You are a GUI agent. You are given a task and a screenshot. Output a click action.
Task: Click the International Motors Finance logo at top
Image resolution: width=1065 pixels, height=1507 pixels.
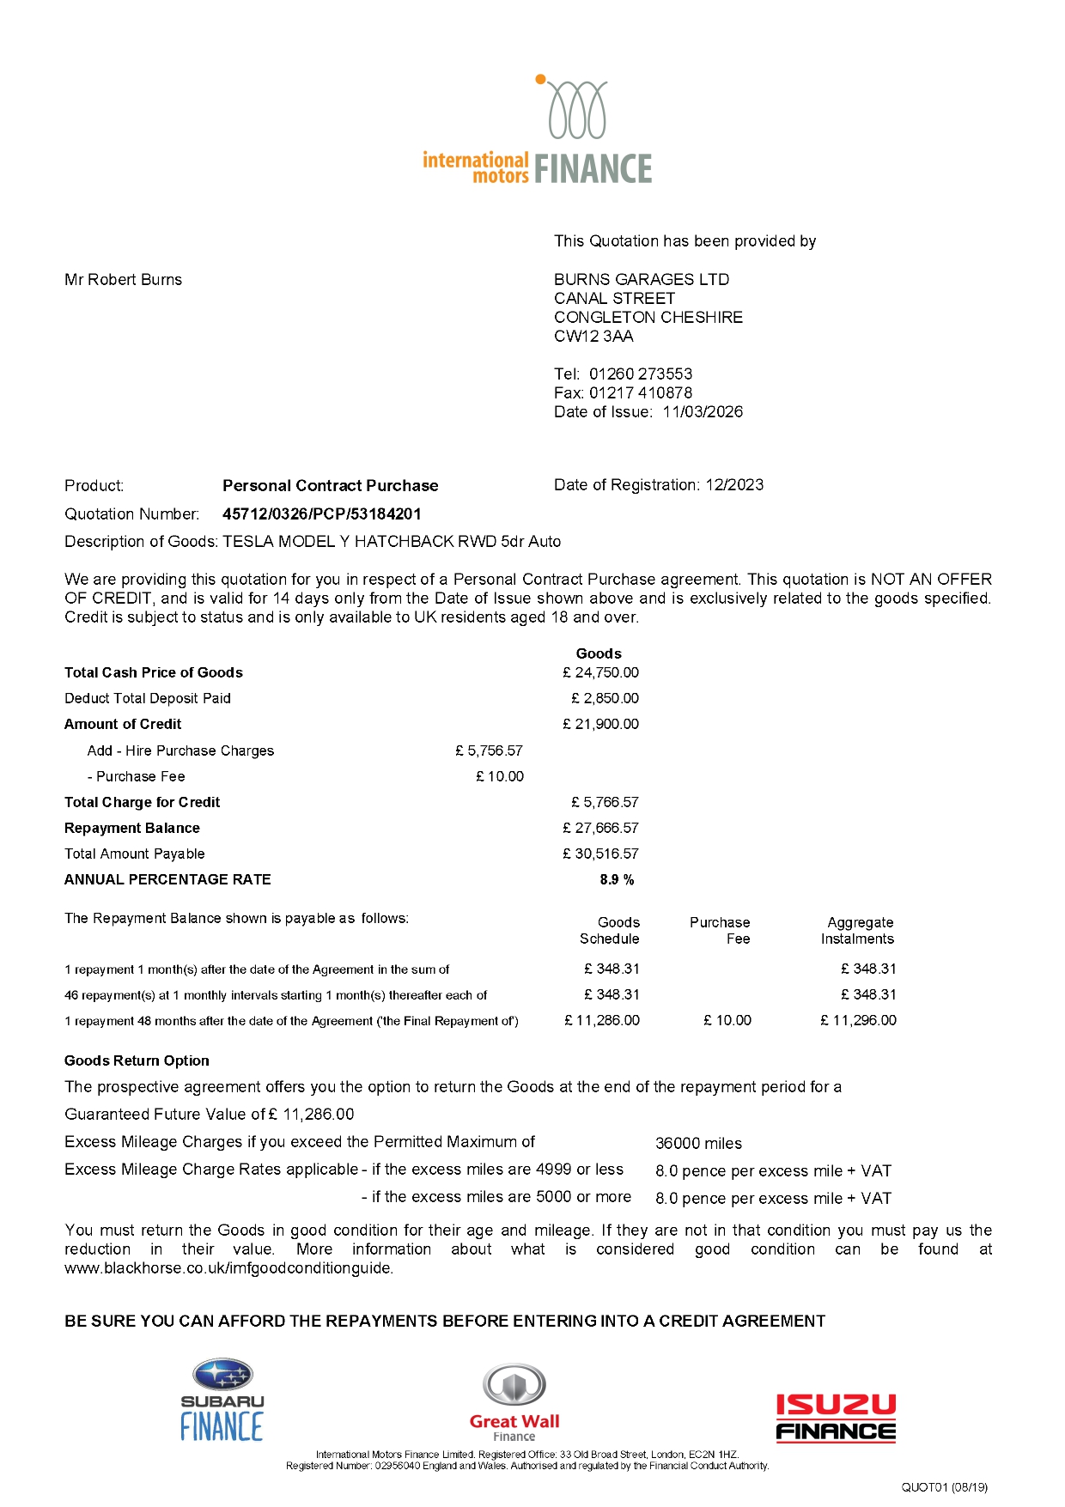point(538,131)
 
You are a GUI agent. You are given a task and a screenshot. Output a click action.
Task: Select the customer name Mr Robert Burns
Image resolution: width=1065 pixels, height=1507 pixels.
point(123,280)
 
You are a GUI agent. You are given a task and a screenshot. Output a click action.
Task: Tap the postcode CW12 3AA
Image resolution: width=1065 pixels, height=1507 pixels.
point(593,337)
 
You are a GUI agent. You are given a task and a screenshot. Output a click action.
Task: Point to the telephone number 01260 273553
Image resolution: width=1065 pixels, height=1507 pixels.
point(641,374)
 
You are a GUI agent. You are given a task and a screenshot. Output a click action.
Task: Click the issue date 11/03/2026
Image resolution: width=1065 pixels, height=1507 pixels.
point(703,412)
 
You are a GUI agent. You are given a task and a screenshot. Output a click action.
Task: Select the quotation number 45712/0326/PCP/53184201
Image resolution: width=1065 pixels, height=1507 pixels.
point(321,514)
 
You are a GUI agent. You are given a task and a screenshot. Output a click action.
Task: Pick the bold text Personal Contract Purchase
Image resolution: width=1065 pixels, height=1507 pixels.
point(330,486)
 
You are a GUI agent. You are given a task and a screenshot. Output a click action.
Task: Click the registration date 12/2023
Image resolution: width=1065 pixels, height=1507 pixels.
point(734,485)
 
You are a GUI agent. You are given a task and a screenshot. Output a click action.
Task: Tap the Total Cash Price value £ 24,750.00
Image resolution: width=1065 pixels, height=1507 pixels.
point(600,673)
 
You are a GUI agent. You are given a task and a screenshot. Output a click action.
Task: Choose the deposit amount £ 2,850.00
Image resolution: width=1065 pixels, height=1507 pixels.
point(605,699)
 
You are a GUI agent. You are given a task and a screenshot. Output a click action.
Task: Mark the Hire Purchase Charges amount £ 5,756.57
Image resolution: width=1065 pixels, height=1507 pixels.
point(489,751)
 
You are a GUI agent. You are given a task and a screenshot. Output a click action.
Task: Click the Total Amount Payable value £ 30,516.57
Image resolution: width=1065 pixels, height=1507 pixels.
point(600,854)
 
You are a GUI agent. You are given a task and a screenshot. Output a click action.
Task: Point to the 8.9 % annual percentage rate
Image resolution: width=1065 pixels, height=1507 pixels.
point(617,880)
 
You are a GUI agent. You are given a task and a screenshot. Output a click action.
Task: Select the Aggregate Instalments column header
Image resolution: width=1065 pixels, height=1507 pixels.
point(857,931)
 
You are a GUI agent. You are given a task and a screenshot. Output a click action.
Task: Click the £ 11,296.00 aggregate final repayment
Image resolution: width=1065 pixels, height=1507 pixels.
point(858,1021)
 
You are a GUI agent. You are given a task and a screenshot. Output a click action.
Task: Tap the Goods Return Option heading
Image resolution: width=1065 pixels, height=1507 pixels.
point(137,1061)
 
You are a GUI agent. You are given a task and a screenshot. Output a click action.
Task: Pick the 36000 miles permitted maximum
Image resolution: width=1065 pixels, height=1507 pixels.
point(698,1144)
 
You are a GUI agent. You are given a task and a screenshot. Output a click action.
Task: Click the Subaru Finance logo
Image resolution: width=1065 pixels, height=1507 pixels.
point(222,1400)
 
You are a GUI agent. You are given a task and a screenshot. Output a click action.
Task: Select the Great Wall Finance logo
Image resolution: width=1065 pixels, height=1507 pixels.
point(514,1404)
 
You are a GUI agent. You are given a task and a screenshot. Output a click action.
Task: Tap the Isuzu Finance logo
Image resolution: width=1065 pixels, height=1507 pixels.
point(836,1418)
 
